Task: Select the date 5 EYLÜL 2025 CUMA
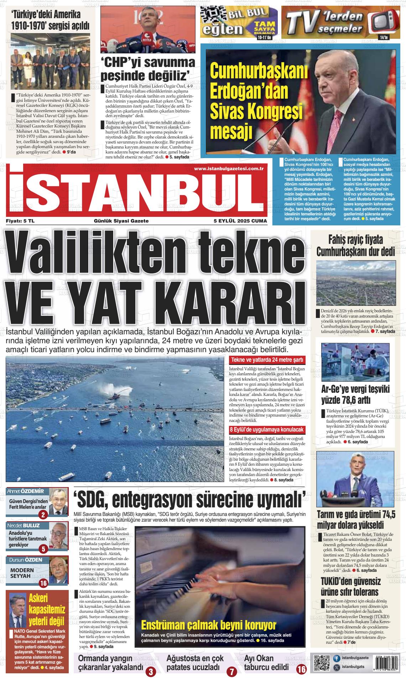240,221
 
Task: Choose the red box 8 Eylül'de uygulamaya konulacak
267,429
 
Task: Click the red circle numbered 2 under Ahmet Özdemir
43,515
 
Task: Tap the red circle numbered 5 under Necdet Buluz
43,549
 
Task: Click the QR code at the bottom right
322,663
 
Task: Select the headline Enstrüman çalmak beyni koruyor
209,625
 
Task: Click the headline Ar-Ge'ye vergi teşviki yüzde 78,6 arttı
356,394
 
